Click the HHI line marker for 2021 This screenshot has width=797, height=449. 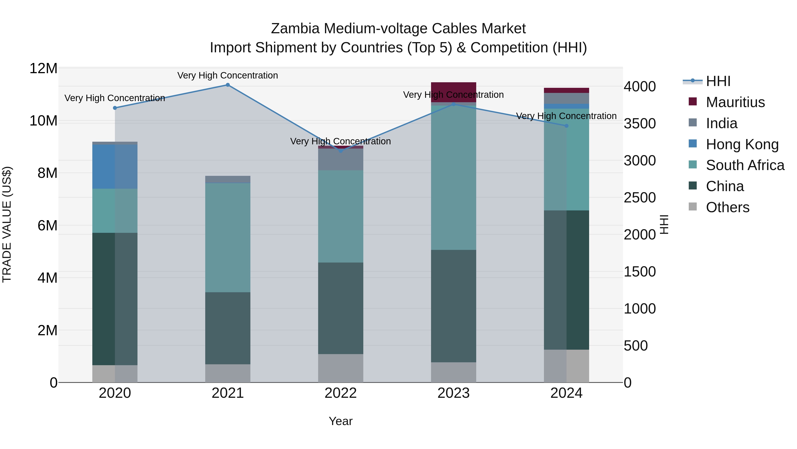pyautogui.click(x=228, y=85)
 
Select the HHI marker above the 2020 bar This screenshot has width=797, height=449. pyautogui.click(x=115, y=108)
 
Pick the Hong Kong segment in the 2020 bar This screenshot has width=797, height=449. pyautogui.click(x=115, y=167)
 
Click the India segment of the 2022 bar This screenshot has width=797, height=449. pyautogui.click(x=341, y=159)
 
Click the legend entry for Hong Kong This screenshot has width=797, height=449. pyautogui.click(x=742, y=144)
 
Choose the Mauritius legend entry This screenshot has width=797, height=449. pyautogui.click(x=735, y=102)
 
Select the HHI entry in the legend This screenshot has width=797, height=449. pyautogui.click(x=718, y=81)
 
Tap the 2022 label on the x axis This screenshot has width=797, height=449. pyautogui.click(x=341, y=393)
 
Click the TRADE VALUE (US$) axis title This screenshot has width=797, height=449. pyautogui.click(x=7, y=224)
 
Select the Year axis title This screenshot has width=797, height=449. pyautogui.click(x=341, y=421)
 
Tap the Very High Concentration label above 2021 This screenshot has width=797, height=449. pyautogui.click(x=228, y=75)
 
